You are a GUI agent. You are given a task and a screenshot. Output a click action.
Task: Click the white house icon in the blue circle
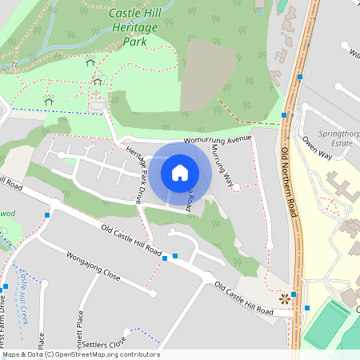pyautogui.click(x=180, y=171)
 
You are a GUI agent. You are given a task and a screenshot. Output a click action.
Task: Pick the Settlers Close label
pyautogui.click(x=104, y=345)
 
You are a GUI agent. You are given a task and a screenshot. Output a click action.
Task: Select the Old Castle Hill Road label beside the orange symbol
pyautogui.click(x=245, y=298)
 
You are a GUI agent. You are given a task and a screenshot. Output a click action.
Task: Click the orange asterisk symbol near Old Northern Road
pyautogui.click(x=284, y=298)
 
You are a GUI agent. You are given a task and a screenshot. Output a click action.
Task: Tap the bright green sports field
pyautogui.click(x=326, y=325)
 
